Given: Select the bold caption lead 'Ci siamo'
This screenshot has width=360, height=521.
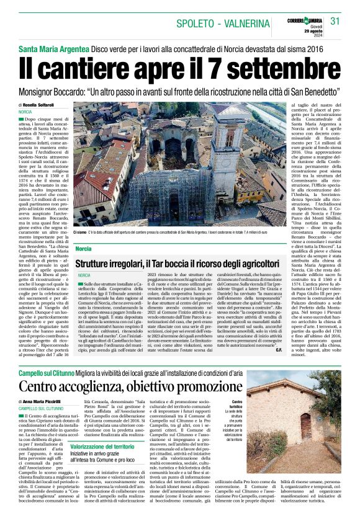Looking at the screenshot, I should [81, 232].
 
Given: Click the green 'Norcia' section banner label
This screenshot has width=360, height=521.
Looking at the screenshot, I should [84, 248].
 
